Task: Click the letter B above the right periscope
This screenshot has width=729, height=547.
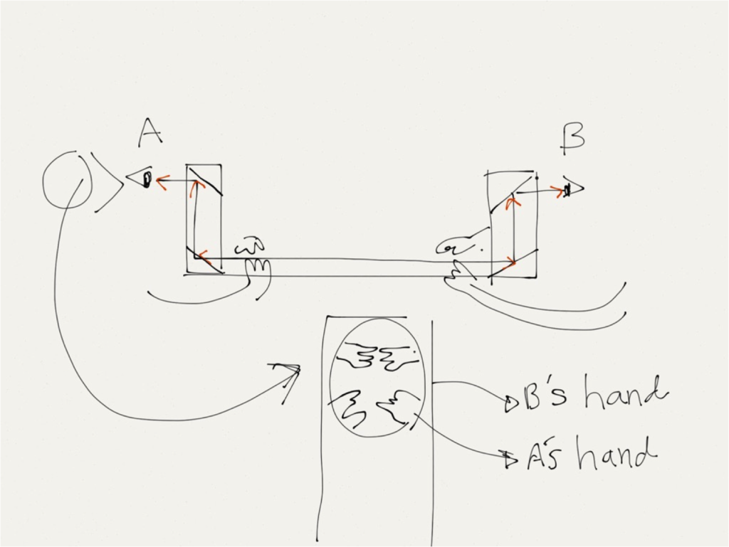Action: (x=572, y=138)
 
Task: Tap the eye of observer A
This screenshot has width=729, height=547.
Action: (x=146, y=181)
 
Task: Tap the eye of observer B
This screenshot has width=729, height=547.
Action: (x=569, y=190)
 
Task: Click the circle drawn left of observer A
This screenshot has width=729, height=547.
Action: (x=66, y=181)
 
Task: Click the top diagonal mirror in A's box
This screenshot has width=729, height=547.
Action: (x=206, y=180)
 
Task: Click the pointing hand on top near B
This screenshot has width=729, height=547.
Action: (x=463, y=245)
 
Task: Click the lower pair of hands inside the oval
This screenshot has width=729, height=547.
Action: (x=374, y=408)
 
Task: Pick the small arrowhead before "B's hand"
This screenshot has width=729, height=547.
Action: (x=510, y=405)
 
